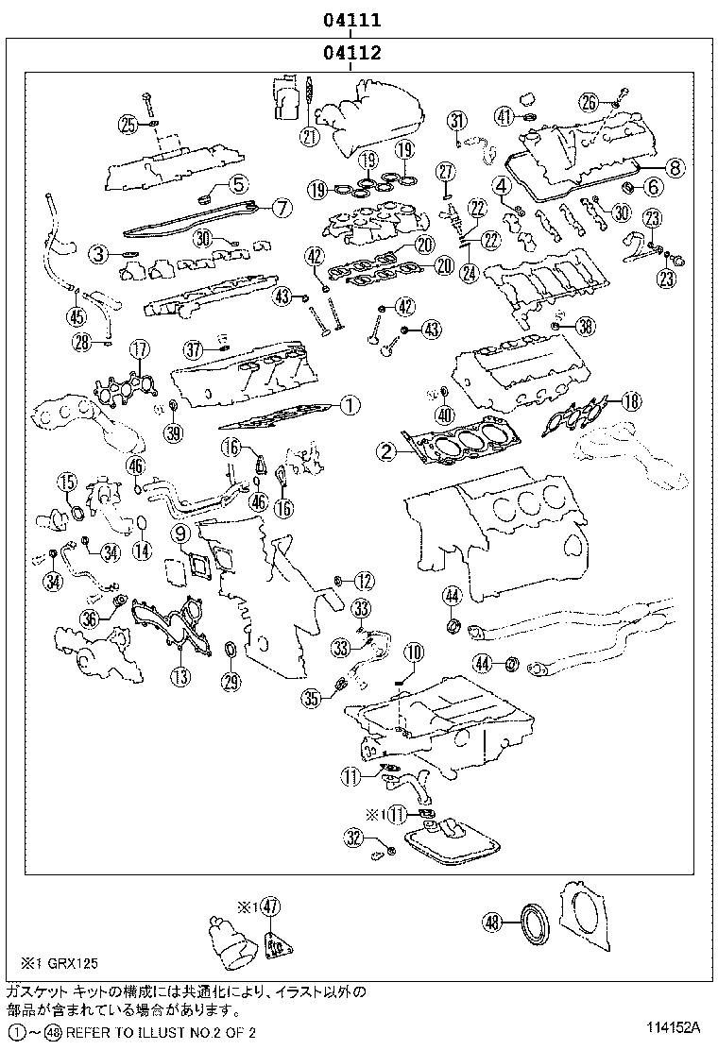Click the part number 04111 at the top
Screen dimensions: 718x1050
coord(352,20)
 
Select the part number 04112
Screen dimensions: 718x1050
coord(352,52)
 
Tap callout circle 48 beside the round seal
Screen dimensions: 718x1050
coord(492,923)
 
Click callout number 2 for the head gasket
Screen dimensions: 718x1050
coord(386,451)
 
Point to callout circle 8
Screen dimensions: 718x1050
coord(675,167)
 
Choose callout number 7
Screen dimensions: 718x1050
coord(282,208)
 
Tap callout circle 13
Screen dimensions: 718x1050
coord(180,677)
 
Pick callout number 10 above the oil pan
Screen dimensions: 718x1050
coord(414,652)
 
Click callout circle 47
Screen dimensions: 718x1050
coord(269,906)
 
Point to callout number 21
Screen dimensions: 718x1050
coord(308,137)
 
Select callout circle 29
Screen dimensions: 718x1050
coord(231,682)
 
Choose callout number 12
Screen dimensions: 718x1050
coord(364,582)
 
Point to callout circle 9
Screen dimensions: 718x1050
coord(180,533)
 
